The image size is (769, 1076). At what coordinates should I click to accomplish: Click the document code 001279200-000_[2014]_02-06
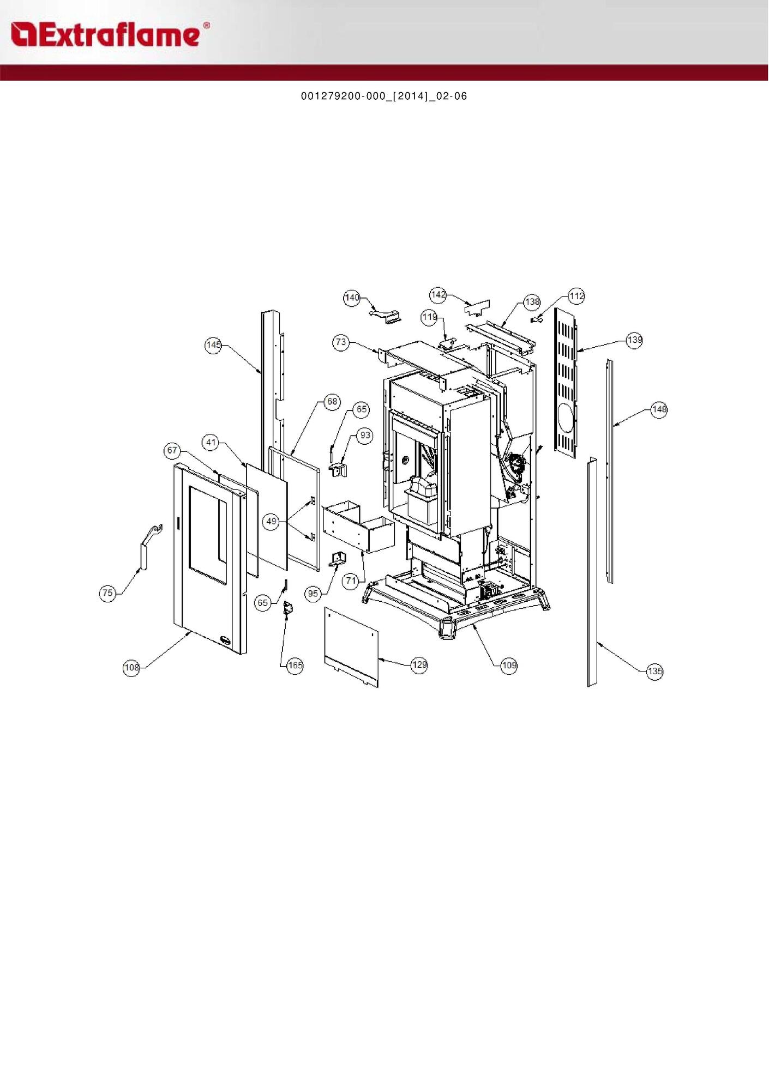(x=384, y=96)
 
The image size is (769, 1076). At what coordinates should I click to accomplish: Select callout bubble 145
(x=213, y=345)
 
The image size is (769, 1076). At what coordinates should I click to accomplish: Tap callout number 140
(x=352, y=298)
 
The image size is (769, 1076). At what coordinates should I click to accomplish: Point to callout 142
(x=438, y=295)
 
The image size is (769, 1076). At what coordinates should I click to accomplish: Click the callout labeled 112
(x=576, y=296)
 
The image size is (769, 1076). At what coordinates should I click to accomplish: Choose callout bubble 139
(x=634, y=340)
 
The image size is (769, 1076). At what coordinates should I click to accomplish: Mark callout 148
(x=659, y=409)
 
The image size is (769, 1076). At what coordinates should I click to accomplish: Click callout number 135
(x=655, y=671)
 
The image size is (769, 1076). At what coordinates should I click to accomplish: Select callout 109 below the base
(x=509, y=665)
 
